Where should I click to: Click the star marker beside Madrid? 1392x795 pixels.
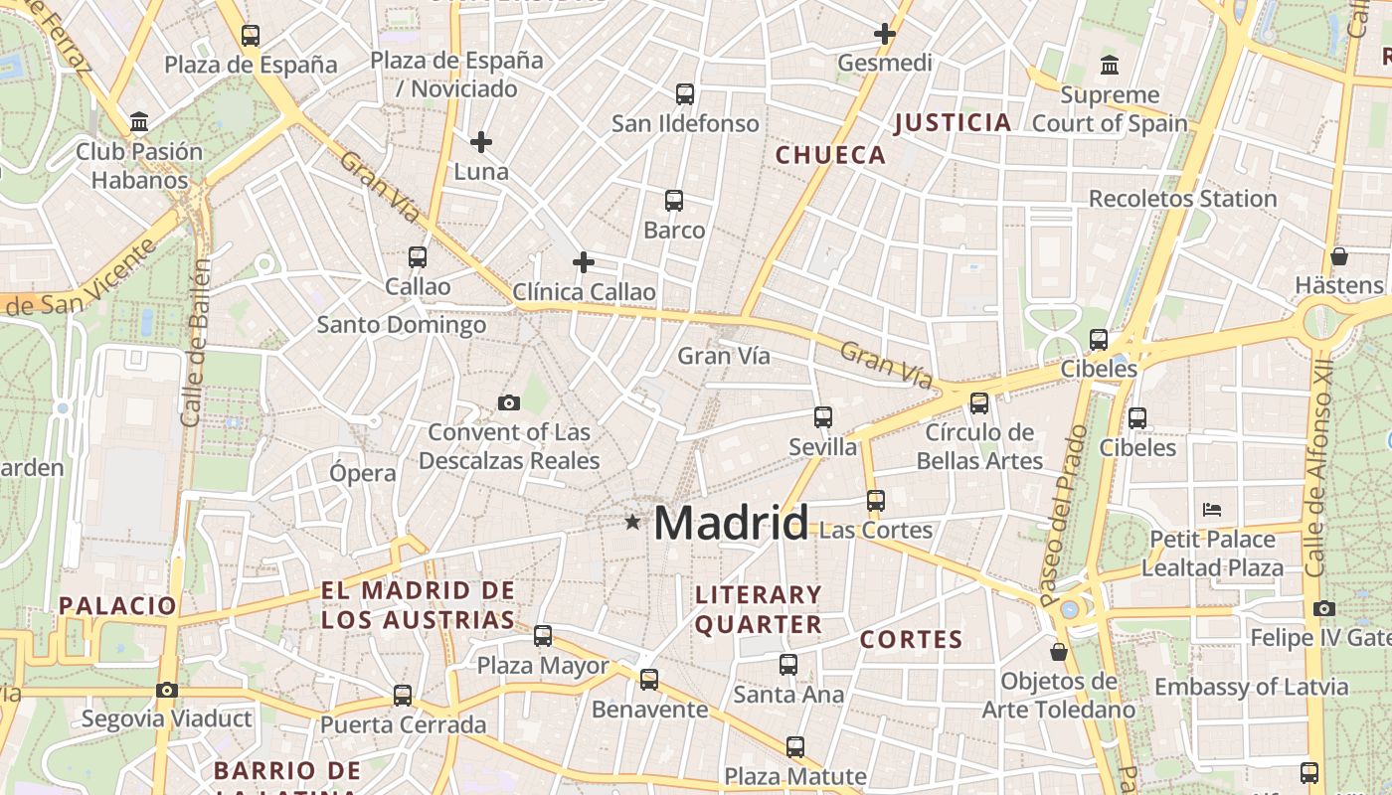[632, 522]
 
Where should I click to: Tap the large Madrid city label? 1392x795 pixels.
[731, 523]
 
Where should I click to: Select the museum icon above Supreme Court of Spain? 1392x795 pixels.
[1110, 66]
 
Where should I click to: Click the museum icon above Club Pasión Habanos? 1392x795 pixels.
[139, 122]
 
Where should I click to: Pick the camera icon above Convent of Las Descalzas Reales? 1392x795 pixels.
[509, 402]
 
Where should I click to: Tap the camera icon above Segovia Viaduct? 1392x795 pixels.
[167, 690]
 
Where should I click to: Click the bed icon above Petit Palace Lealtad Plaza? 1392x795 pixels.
[1212, 510]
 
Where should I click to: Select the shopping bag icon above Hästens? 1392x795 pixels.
[1339, 256]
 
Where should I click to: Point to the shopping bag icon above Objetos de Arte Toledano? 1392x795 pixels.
[1059, 652]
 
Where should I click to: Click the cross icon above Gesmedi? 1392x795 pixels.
[884, 34]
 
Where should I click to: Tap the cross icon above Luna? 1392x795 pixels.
[481, 142]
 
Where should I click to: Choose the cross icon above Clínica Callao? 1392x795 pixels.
[584, 262]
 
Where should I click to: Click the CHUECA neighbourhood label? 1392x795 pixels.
[830, 155]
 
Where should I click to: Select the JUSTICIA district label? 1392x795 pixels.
[953, 123]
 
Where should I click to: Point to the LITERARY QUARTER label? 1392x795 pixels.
[759, 609]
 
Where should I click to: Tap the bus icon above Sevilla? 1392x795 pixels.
[823, 417]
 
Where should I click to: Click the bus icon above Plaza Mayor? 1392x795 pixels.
[543, 636]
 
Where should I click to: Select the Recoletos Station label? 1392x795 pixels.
[1182, 199]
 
